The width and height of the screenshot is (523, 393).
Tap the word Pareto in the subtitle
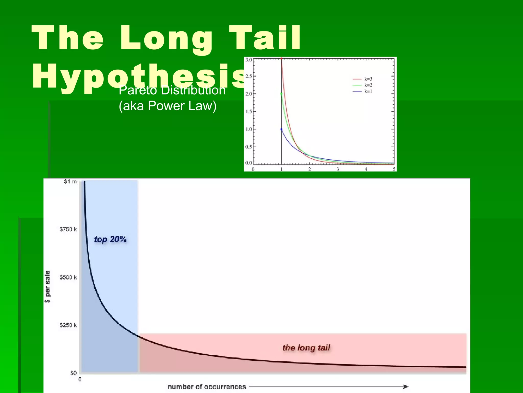[137, 90]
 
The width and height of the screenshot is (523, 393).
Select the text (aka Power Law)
[168, 106]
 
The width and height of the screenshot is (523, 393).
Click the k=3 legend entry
[362, 79]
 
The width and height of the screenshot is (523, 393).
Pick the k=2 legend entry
[362, 85]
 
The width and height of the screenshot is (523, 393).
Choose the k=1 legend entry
[362, 91]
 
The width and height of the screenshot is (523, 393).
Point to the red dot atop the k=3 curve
[281, 59]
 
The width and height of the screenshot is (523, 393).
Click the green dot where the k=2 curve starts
[281, 94]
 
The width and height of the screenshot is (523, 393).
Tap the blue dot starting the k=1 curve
[281, 129]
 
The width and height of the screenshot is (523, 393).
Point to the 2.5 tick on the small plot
[248, 76]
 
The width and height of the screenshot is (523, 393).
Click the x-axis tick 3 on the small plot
[338, 169]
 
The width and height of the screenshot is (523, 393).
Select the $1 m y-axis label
[70, 181]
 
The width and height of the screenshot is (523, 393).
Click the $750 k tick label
[68, 229]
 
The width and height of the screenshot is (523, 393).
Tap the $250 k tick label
[68, 325]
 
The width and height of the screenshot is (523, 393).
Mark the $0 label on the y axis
[73, 373]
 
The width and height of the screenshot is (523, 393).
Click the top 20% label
[110, 239]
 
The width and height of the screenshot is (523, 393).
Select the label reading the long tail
[306, 348]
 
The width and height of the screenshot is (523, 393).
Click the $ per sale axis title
[47, 287]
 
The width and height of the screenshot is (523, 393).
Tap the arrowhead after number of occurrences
[406, 387]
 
